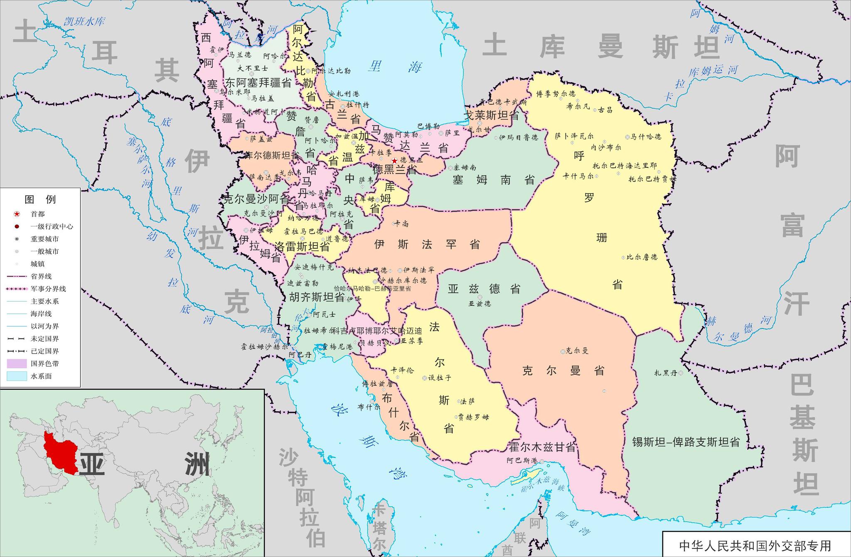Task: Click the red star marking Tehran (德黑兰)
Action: point(394,161)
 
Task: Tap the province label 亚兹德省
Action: point(485,289)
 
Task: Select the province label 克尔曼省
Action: point(563,371)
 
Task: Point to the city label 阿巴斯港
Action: point(522,461)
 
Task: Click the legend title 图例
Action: point(40,199)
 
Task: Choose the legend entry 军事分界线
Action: point(48,289)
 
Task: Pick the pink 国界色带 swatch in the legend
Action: point(16,363)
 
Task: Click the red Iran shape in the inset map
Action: point(60,453)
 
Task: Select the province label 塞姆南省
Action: point(493,180)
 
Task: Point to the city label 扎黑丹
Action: point(666,373)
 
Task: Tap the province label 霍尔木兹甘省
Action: point(542,447)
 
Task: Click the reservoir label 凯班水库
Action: point(84,22)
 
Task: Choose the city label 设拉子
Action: point(439,378)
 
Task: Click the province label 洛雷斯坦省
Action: point(302,247)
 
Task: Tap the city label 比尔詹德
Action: point(642,257)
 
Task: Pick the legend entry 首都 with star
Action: point(37,214)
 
